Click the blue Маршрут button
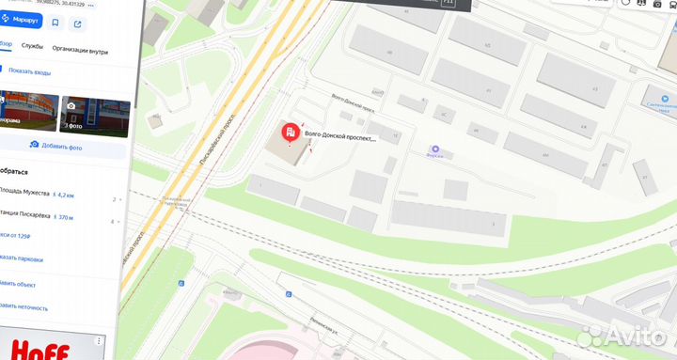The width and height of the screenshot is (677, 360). click(x=20, y=19)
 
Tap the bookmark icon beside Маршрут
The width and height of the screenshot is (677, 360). click(x=55, y=21)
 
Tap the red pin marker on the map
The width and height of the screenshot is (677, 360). click(x=291, y=134)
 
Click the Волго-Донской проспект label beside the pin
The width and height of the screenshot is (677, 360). click(x=339, y=138)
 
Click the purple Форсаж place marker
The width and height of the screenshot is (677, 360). click(x=435, y=149)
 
